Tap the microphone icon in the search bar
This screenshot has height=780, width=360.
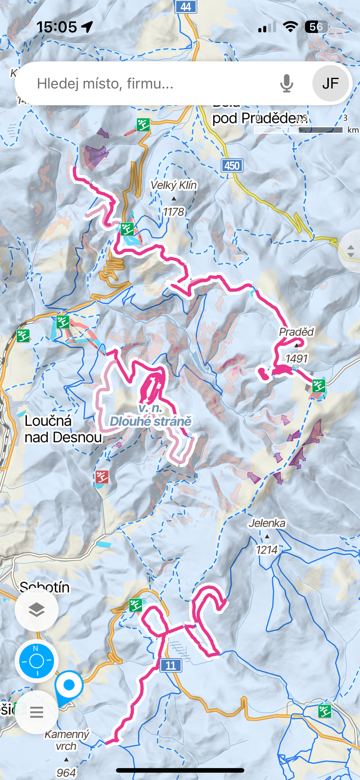coord(286,83)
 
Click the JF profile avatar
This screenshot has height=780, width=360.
coord(330,83)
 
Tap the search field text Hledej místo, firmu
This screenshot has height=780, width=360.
coord(105,83)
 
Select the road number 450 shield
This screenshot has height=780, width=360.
coord(232,166)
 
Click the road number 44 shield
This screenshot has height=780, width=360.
coord(186,6)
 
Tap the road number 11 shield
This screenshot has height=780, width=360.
coord(171,665)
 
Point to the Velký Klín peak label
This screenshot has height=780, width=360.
coord(174,185)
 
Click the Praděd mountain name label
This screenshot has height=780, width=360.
coord(296,332)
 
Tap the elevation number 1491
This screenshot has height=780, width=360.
coord(296,358)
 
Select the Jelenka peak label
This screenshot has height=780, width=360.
coord(267,523)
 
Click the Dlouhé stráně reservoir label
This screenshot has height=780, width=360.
coord(151,421)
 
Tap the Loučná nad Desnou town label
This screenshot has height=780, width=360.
coord(63,429)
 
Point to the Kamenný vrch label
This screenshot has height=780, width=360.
coord(67,740)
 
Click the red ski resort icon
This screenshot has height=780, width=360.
coord(102,477)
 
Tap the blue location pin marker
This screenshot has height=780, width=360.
coord(69,685)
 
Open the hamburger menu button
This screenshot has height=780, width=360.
coord(37,712)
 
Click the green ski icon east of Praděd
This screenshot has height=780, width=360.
coord(319,386)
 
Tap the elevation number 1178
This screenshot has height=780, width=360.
coord(173,212)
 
